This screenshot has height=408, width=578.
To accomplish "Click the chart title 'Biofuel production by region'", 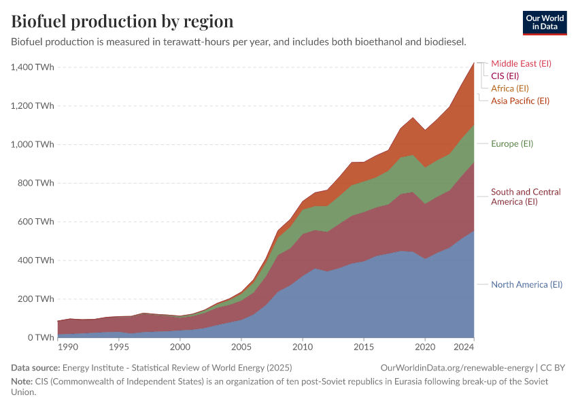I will click(x=122, y=21).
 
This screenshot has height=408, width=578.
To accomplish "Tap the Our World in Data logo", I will click(x=544, y=22).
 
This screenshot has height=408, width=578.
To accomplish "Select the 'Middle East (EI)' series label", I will click(x=521, y=63).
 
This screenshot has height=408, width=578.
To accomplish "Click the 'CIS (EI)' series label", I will click(x=505, y=75).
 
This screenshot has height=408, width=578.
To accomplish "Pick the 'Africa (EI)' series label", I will click(x=509, y=88).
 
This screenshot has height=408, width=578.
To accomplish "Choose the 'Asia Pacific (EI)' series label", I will click(x=520, y=101).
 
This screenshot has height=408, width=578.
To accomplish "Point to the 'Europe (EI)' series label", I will click(x=512, y=143).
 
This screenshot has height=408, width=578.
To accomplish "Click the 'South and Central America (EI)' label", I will click(x=526, y=197).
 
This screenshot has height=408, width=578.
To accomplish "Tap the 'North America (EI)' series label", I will click(x=526, y=284).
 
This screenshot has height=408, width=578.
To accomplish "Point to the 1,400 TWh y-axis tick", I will click(x=31, y=67).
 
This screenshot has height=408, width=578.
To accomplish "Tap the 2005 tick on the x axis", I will click(x=241, y=347).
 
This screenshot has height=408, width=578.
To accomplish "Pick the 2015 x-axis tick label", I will click(x=364, y=347).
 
